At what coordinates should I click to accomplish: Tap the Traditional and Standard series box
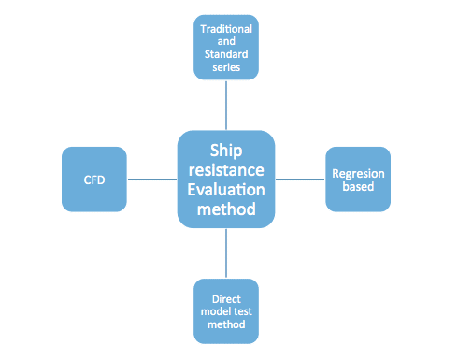pyautogui.click(x=226, y=46)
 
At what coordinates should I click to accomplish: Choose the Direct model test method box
pyautogui.click(x=226, y=310)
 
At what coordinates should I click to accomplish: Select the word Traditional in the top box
pyautogui.click(x=226, y=30)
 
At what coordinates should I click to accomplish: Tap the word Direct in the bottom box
pyautogui.click(x=226, y=299)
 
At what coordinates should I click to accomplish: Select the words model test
pyautogui.click(x=226, y=311)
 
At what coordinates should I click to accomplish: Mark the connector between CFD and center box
pyautogui.click(x=153, y=178)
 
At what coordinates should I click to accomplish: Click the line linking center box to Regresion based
pyautogui.click(x=299, y=178)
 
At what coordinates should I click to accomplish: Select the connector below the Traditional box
pyautogui.click(x=226, y=106)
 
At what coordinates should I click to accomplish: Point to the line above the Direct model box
pyautogui.click(x=226, y=252)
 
